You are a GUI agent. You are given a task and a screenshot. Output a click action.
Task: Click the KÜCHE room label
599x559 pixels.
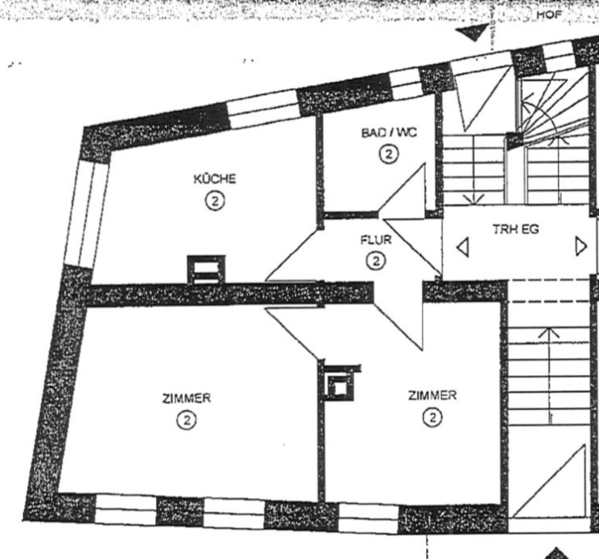215,179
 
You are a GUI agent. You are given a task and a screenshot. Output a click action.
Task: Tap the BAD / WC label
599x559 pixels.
388,133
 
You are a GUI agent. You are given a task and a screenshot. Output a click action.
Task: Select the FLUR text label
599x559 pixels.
376,241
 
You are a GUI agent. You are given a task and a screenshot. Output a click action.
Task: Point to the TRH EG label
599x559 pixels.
516,230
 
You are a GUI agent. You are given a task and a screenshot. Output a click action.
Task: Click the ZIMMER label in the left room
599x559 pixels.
186,398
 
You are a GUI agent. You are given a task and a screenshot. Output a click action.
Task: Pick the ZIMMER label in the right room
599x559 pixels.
432,395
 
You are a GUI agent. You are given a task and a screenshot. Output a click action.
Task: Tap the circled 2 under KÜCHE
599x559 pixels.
215,200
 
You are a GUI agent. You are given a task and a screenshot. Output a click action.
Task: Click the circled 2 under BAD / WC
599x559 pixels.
388,154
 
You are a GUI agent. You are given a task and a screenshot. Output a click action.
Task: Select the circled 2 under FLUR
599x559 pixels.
376,261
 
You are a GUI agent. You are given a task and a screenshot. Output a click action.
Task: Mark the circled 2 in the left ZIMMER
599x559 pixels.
186,420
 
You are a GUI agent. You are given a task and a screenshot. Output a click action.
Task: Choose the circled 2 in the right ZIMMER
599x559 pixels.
432,417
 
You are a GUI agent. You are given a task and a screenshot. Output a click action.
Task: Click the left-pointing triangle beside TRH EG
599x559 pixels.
463,247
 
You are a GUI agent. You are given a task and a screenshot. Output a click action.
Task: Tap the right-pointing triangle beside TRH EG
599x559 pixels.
580,246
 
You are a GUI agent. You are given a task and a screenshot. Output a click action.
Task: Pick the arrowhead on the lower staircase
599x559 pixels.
548,331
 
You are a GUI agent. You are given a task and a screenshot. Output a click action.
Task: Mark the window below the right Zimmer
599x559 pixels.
367,514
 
